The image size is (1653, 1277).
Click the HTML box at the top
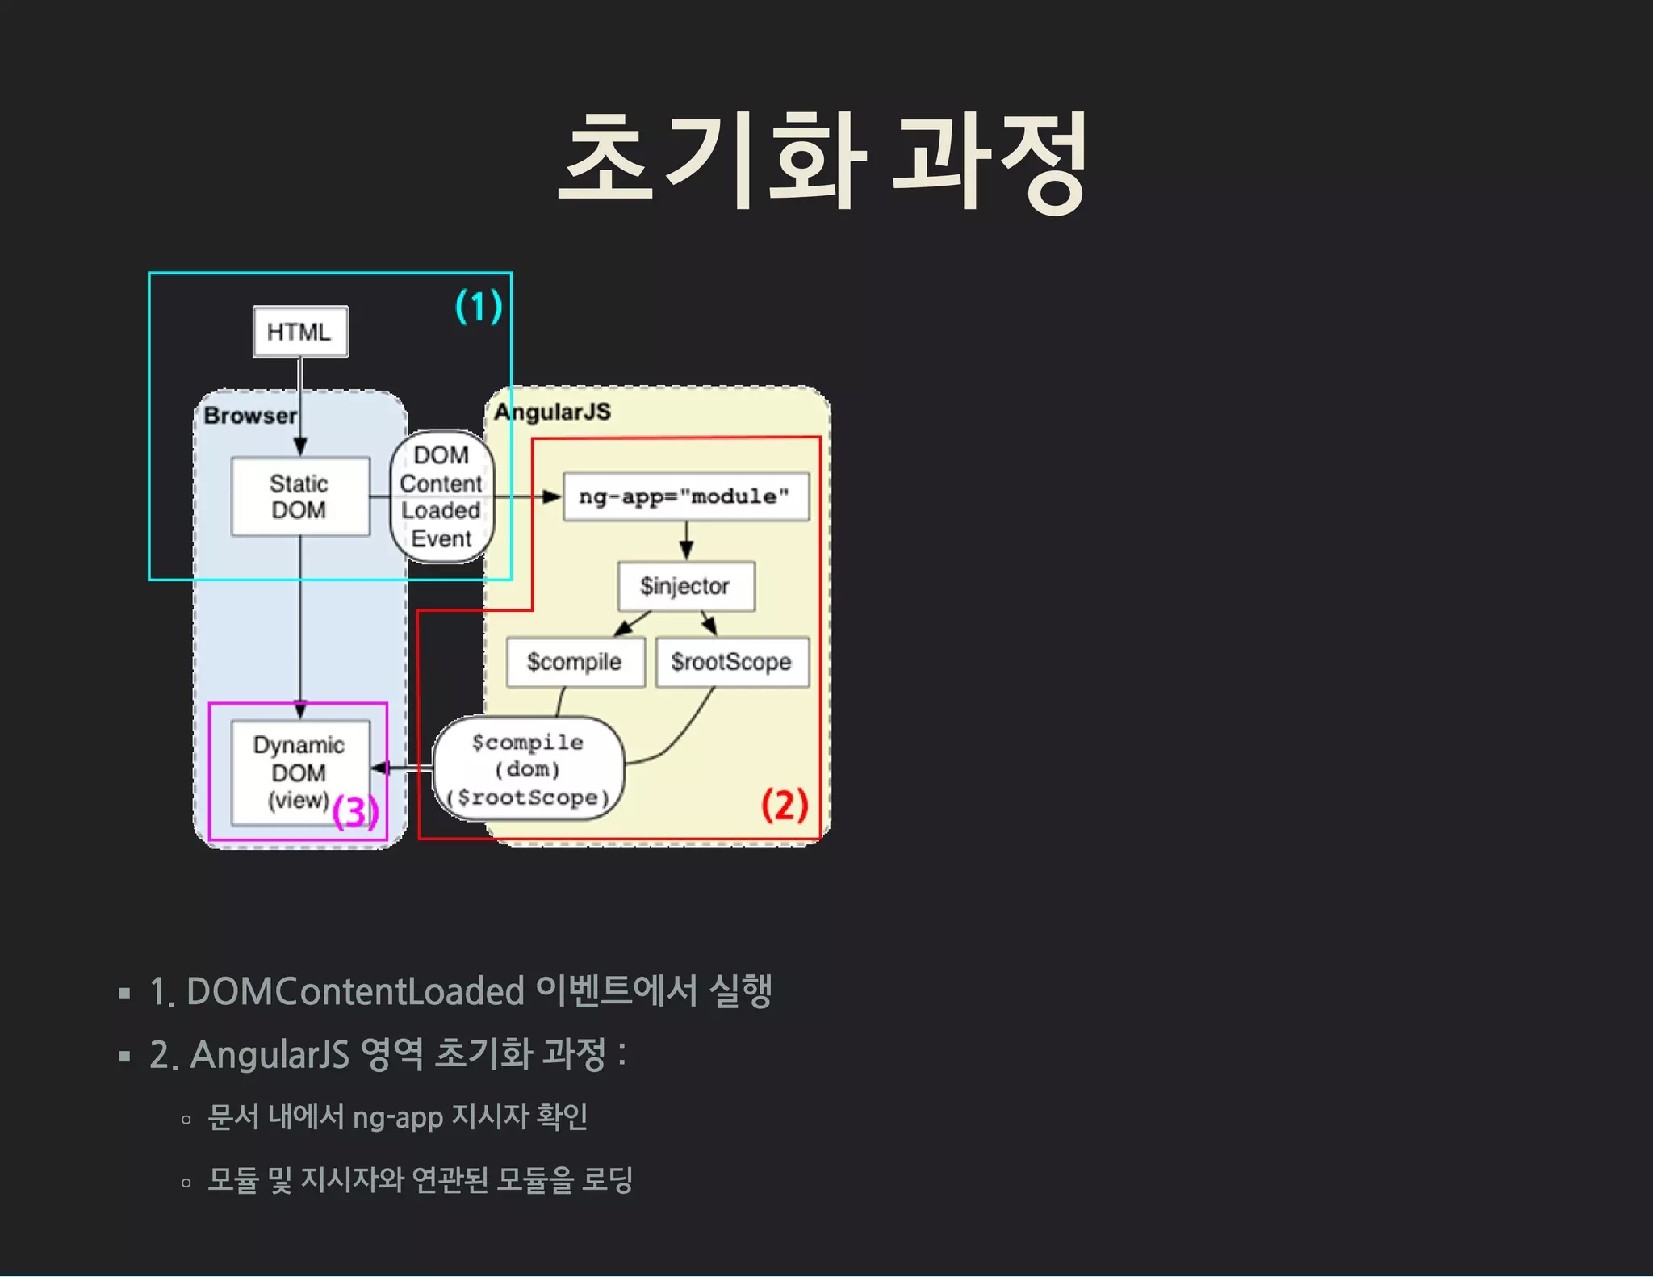(x=299, y=332)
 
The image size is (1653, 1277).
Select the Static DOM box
(x=299, y=496)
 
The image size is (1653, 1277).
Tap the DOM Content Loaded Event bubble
(x=441, y=496)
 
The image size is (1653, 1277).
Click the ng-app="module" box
(x=685, y=496)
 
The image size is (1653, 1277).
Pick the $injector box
(x=685, y=586)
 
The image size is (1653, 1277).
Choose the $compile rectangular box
(x=575, y=662)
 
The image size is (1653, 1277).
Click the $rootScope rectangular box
(x=731, y=662)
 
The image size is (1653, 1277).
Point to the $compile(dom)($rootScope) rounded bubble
(x=529, y=769)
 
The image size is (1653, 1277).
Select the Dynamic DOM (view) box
(x=299, y=772)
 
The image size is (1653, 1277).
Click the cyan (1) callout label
(x=479, y=307)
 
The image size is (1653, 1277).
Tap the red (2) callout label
(x=785, y=805)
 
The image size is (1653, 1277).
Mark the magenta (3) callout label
(x=355, y=811)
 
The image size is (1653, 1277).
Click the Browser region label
(x=250, y=416)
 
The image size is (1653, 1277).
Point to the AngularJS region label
(x=553, y=412)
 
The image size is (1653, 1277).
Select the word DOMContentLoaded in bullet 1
(x=355, y=991)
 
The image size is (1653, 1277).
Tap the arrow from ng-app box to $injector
(x=686, y=540)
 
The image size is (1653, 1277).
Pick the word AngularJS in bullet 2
(x=270, y=1054)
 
